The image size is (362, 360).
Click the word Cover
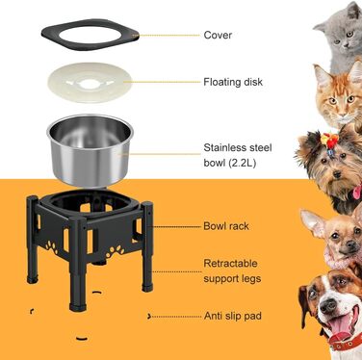coord(218,35)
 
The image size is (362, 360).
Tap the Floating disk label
coord(233,82)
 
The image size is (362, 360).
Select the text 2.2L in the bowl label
coord(242,163)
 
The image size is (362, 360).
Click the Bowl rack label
coord(226,226)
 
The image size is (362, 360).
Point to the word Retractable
coord(230,264)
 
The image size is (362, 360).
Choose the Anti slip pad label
coord(233,316)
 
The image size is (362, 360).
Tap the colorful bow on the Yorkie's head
coord(329,141)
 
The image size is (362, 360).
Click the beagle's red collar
coord(347,344)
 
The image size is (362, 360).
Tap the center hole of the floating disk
coord(88,85)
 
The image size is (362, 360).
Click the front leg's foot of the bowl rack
coord(78,307)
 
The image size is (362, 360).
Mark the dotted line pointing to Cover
coord(169,36)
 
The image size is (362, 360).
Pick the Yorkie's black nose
coord(337,174)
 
